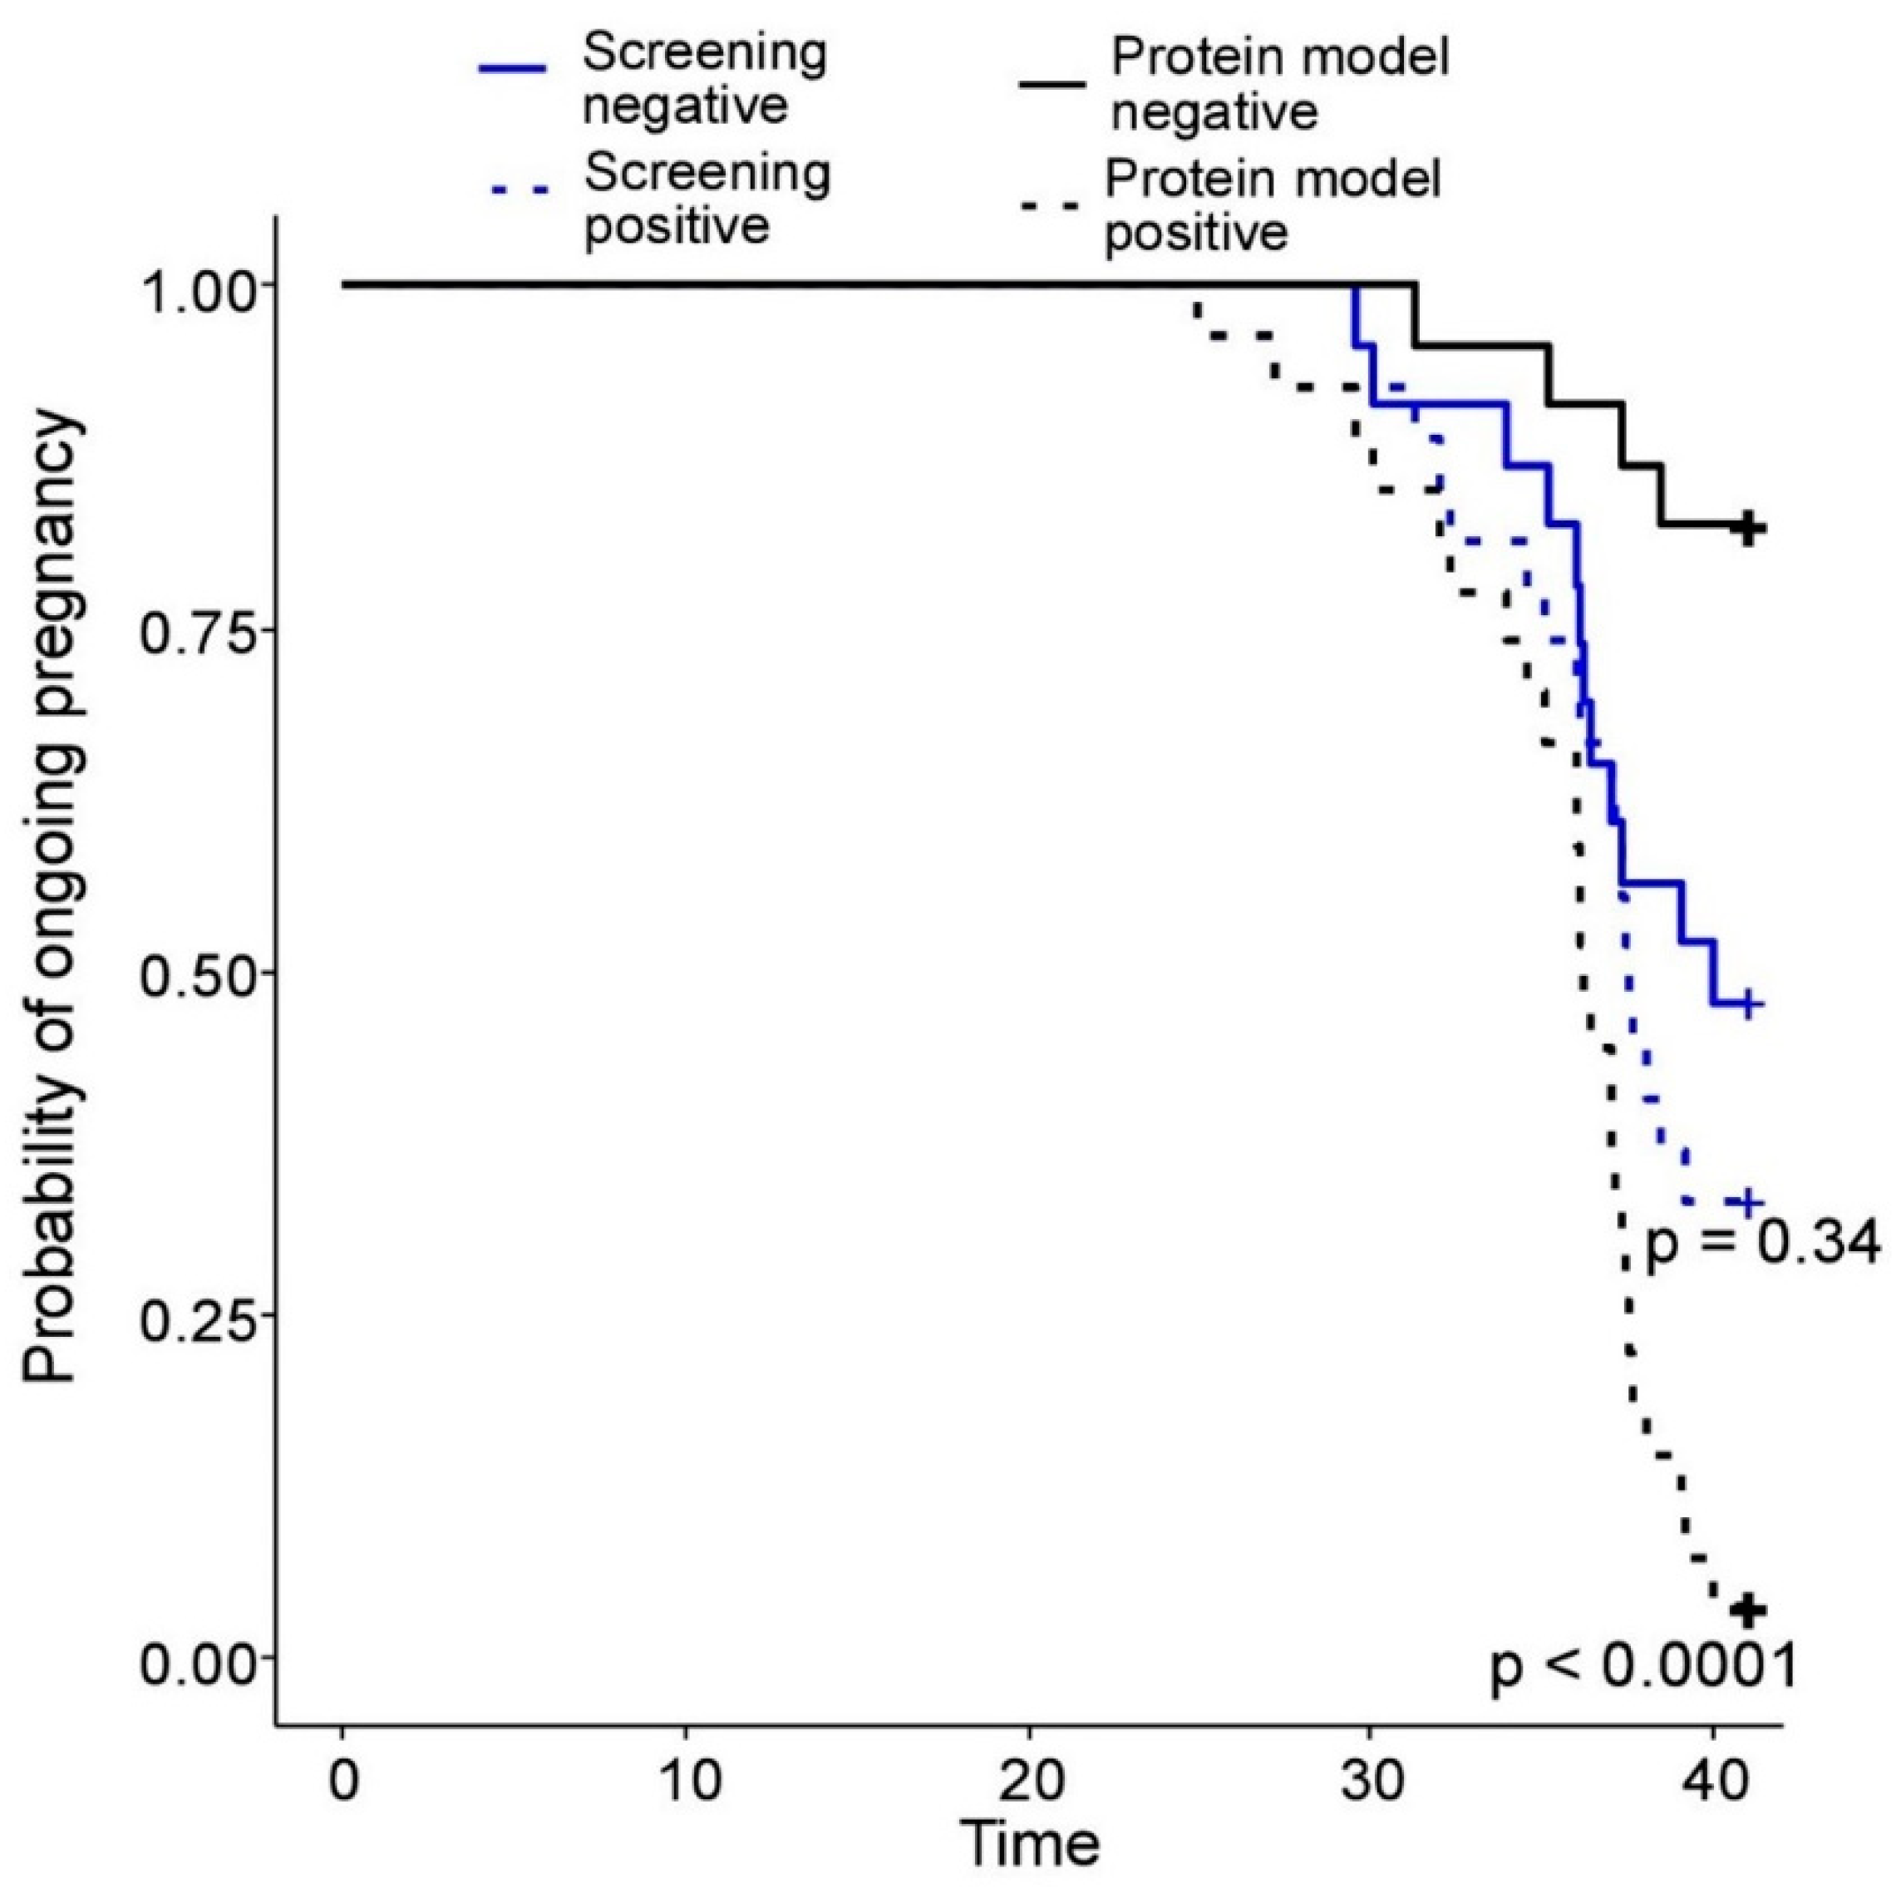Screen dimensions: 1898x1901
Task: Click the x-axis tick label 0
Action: (x=342, y=1780)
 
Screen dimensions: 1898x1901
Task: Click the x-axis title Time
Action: (x=1029, y=1846)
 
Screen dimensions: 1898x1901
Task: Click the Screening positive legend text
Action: (x=707, y=200)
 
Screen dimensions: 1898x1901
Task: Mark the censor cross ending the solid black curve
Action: (x=1747, y=527)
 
